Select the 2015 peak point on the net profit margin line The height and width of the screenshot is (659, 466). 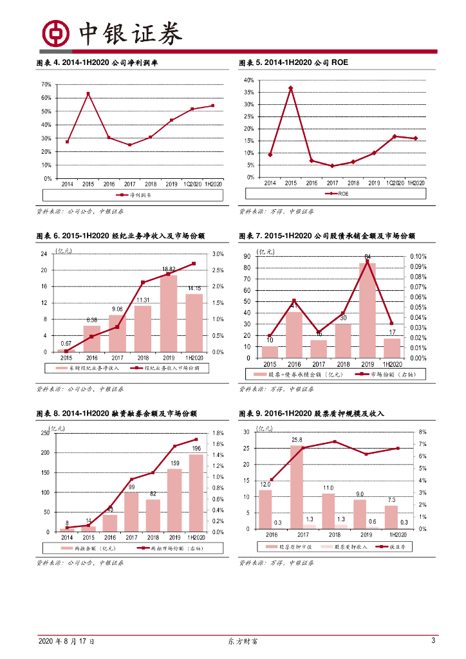tap(88, 94)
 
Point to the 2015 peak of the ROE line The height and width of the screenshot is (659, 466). tap(291, 88)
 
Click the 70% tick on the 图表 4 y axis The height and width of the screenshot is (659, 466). tap(46, 84)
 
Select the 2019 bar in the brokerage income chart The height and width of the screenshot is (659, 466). tap(168, 313)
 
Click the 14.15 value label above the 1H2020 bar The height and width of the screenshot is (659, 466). tap(194, 288)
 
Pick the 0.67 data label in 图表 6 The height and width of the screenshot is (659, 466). tap(66, 343)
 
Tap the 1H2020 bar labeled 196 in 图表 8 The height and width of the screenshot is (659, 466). tap(196, 493)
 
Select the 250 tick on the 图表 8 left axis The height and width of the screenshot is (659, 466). tap(44, 433)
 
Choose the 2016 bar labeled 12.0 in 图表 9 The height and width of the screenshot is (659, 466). tap(265, 509)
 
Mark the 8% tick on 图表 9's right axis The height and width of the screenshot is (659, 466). tap(422, 432)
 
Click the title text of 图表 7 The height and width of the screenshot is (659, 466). tap(326, 236)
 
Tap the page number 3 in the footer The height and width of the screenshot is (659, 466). tap(433, 641)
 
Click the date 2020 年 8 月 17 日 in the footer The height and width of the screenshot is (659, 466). tap(66, 642)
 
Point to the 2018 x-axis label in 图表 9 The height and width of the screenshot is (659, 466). tap(334, 534)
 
